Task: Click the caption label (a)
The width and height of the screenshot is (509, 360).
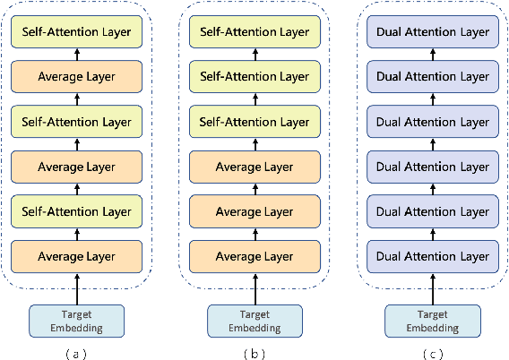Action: (76, 353)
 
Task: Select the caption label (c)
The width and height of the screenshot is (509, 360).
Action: (432, 353)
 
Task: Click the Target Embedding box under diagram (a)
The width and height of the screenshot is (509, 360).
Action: (76, 321)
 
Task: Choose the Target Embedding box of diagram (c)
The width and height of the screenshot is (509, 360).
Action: (432, 321)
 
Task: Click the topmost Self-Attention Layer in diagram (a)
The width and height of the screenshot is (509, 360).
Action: (76, 32)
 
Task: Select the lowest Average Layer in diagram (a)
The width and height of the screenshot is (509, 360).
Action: (76, 256)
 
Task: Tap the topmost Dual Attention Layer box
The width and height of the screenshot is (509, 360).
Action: (432, 32)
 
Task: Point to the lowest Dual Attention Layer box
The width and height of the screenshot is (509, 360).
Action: (432, 256)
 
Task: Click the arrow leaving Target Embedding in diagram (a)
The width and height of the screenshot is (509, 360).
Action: (76, 288)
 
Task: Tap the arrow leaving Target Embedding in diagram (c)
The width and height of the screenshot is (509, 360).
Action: (432, 288)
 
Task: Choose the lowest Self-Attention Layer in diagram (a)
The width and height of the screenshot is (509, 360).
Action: (76, 211)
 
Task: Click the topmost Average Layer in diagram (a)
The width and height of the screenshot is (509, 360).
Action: (76, 77)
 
